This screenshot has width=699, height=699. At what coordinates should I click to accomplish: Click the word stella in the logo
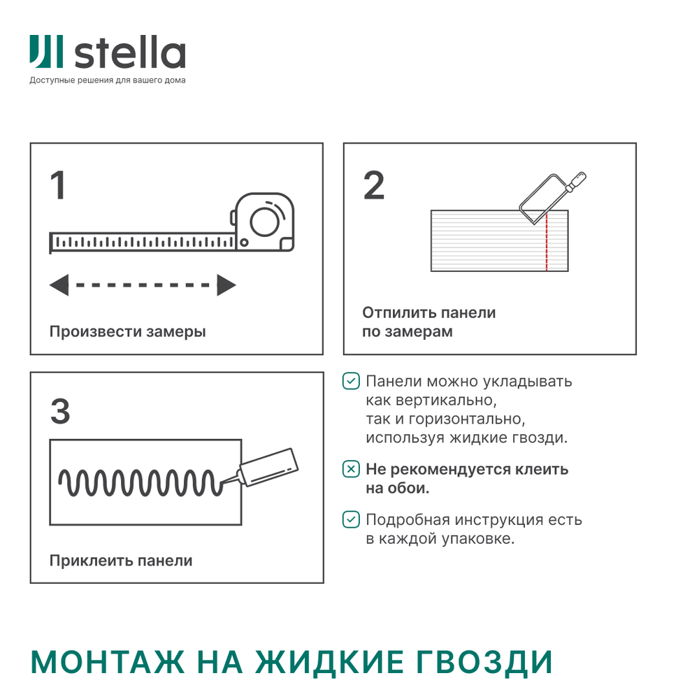click(x=129, y=53)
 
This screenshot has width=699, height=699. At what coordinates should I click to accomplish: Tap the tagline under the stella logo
click(x=108, y=80)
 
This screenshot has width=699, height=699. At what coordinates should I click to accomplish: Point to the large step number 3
click(x=60, y=412)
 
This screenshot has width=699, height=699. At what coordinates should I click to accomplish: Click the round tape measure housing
click(x=266, y=222)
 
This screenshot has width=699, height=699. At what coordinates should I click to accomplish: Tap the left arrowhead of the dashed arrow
click(x=59, y=285)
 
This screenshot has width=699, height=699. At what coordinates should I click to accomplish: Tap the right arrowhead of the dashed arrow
click(x=226, y=285)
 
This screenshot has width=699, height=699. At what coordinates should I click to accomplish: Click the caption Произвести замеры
click(x=127, y=331)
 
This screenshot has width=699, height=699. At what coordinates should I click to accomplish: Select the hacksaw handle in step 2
click(x=577, y=182)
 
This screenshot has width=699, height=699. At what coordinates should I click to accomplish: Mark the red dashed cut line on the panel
click(x=547, y=242)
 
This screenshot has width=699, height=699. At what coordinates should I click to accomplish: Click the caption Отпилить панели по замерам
click(x=428, y=322)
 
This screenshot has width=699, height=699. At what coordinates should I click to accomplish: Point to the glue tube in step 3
click(x=268, y=466)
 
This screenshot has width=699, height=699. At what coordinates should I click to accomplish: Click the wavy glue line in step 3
click(x=136, y=482)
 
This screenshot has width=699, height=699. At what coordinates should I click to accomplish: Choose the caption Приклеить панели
click(x=120, y=561)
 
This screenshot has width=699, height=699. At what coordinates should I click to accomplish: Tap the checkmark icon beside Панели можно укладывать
click(x=351, y=382)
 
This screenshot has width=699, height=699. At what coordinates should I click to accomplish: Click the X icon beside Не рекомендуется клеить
click(x=351, y=469)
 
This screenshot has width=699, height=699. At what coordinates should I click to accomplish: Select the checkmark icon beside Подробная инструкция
click(x=351, y=520)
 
